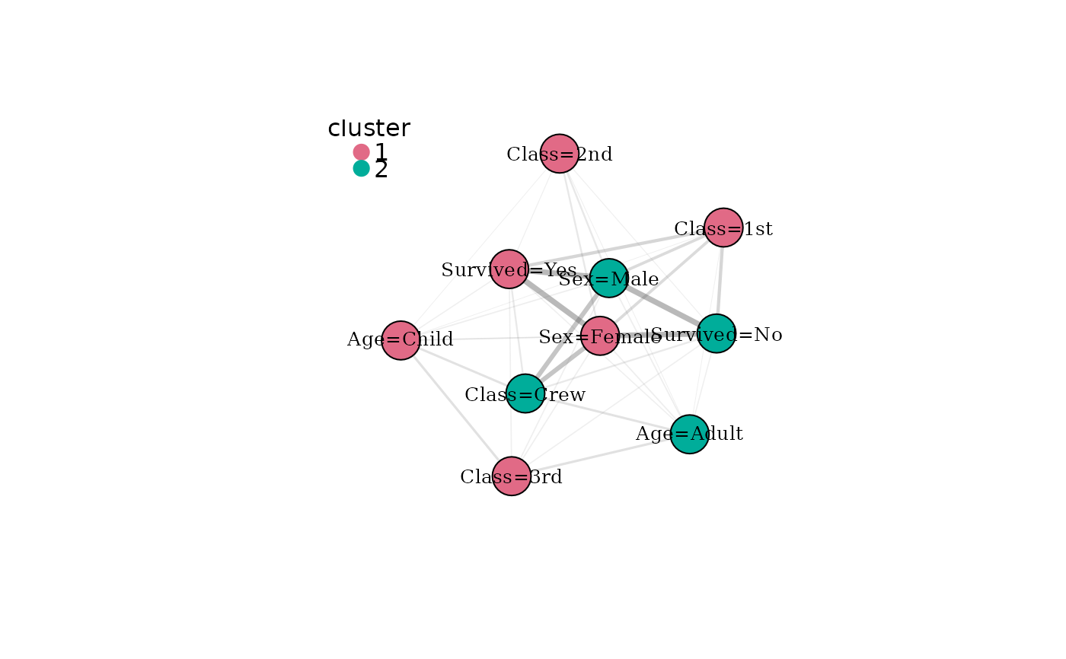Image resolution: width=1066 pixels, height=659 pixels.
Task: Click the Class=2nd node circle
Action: point(559,154)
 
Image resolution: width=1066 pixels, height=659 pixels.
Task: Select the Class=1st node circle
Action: point(723,228)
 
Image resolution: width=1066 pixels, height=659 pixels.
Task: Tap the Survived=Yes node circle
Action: point(509,269)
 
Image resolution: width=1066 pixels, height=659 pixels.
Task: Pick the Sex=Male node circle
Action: point(608,279)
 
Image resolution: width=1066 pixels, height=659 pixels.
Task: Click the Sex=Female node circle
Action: point(600,336)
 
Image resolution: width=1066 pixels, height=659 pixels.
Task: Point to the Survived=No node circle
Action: point(717,333)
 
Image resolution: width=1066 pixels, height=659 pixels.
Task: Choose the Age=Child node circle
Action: point(401,340)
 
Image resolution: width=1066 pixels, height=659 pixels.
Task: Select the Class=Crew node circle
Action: point(525,393)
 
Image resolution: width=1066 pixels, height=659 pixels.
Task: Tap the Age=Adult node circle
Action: point(690,434)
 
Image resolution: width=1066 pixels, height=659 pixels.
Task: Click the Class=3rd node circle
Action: point(512,476)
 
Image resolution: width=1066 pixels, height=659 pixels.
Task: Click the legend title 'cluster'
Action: point(369,128)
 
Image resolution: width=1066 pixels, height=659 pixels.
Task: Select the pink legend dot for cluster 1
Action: point(361,152)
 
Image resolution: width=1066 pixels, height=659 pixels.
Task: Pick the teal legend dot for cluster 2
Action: point(361,168)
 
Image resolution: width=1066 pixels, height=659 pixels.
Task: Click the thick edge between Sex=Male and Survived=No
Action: point(662,306)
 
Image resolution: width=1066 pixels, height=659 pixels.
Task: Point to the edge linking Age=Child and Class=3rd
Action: point(456,409)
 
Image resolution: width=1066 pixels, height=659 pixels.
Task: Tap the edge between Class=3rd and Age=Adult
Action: point(601,455)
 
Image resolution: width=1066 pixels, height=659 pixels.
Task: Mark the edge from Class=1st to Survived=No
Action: point(720,281)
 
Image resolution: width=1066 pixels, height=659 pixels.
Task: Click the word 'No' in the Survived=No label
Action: point(768,335)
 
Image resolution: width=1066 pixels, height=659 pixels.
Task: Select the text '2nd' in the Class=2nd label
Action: point(595,154)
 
